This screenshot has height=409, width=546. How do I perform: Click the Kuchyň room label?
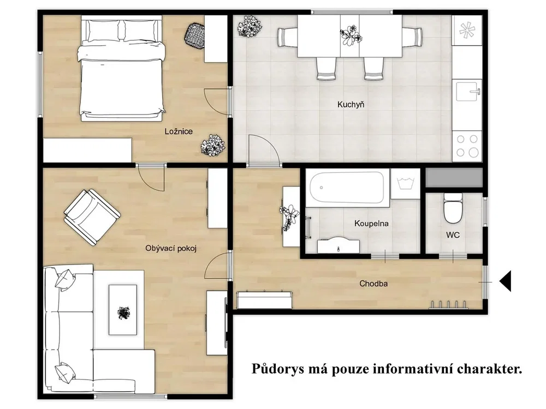351,104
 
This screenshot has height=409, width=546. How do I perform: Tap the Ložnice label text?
179,131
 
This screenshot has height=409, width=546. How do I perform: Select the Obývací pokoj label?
171,248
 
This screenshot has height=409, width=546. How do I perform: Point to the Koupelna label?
371,224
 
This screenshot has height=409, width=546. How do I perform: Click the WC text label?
453,235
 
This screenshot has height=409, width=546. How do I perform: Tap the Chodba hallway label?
373,284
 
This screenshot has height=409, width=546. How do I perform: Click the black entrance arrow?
505,281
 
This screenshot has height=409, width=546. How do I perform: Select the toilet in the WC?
452,208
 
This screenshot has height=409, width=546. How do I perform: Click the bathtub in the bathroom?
347,188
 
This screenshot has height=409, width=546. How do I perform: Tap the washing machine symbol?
405,184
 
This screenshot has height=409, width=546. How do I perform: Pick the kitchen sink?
467,91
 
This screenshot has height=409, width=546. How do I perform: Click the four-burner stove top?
467,146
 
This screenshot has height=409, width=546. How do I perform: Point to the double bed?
122,70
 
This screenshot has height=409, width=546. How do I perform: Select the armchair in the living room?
92,217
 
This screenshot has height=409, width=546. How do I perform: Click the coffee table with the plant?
122,310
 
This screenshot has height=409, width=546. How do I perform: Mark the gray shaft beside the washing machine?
454,177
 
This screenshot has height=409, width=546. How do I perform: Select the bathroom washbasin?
338,245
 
